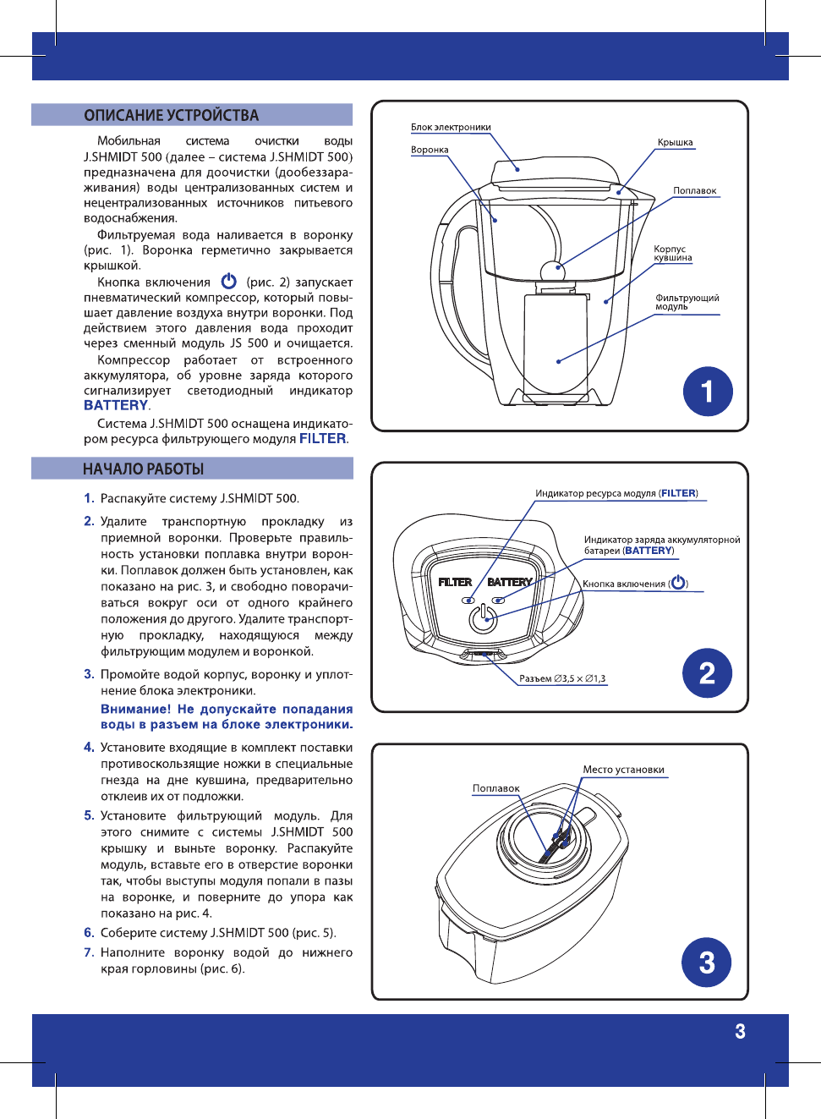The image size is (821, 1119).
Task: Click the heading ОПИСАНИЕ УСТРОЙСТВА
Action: point(171,115)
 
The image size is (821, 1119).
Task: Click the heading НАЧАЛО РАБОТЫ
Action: point(143,469)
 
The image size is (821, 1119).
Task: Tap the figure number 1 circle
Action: point(708,392)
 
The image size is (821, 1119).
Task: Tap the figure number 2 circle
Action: point(707,673)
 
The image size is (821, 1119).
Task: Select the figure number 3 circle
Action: point(707,963)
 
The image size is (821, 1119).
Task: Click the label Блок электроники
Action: point(451,128)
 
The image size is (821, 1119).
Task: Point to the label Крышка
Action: point(675,142)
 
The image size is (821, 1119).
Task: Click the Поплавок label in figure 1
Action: point(694,191)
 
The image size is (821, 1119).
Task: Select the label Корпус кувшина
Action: point(672,253)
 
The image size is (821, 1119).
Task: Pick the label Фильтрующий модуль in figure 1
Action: point(687,302)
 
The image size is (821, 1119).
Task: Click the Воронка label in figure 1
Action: point(430,150)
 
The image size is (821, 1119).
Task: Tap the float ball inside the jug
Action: point(552,270)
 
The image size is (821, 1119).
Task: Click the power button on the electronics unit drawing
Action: point(484,618)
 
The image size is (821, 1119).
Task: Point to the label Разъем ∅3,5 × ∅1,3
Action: point(562,678)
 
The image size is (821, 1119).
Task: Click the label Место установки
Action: point(623,770)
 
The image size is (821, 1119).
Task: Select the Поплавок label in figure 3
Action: point(495,788)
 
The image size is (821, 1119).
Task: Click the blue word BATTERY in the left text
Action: point(115,405)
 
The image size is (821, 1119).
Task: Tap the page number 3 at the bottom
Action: point(740,1031)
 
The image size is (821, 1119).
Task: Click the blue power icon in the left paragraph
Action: point(228,281)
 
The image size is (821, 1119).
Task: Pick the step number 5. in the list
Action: point(89,815)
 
